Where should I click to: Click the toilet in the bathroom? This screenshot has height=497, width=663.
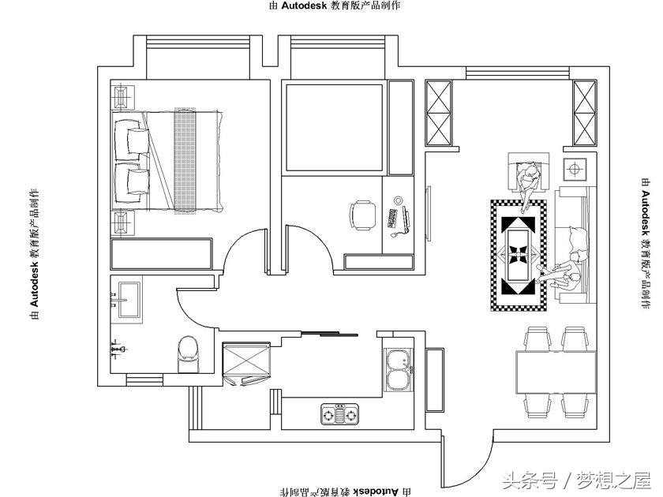pyautogui.click(x=188, y=354)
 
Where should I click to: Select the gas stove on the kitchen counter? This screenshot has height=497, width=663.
pyautogui.click(x=339, y=413)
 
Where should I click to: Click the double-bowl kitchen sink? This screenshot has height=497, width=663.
pyautogui.click(x=398, y=370)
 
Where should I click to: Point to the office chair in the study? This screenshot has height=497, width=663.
pyautogui.click(x=363, y=215)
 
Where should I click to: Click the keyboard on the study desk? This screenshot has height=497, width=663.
pyautogui.click(x=392, y=219)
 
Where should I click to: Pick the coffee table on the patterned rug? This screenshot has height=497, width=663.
pyautogui.click(x=519, y=255)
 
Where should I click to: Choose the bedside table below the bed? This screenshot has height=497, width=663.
pyautogui.click(x=122, y=222)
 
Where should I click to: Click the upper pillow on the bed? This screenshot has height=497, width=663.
pyautogui.click(x=137, y=140)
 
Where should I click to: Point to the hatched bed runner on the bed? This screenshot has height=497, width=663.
pyautogui.click(x=185, y=159)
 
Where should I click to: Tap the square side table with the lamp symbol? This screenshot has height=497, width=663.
pyautogui.click(x=575, y=170)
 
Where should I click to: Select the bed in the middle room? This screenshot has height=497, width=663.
pyautogui.click(x=335, y=128)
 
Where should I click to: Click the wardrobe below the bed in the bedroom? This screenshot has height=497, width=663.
pyautogui.click(x=161, y=253)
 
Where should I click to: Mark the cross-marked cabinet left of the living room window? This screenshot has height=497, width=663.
pyautogui.click(x=439, y=113)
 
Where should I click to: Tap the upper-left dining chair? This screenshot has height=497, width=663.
pyautogui.click(x=538, y=339)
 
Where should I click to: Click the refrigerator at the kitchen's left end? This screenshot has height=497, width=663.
pyautogui.click(x=246, y=362)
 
